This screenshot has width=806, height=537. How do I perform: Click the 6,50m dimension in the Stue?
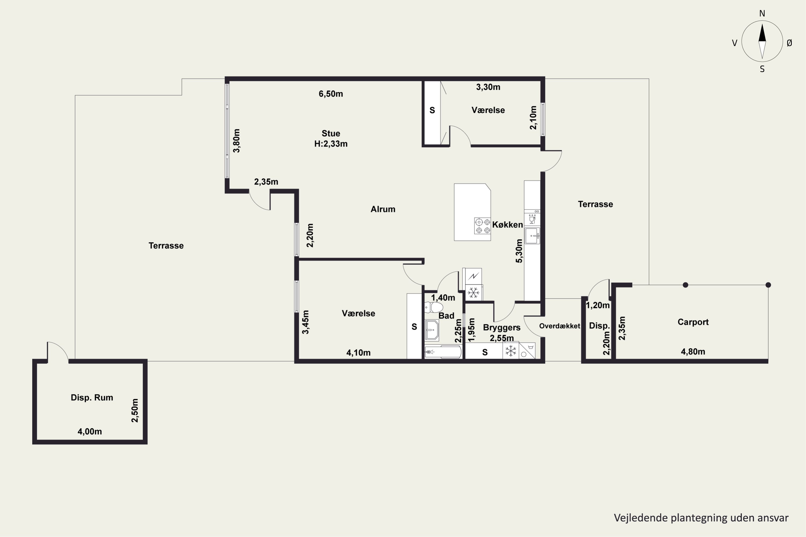tap(331, 94)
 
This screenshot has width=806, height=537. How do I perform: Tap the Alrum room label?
tap(383, 209)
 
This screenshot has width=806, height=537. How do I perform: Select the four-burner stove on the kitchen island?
tap(482, 226)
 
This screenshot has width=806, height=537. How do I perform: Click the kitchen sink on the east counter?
tap(532, 236)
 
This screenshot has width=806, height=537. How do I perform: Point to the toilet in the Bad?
tap(434, 307)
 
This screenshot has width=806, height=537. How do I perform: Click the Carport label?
tap(693, 322)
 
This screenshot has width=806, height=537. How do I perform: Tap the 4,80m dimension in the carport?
tap(693, 352)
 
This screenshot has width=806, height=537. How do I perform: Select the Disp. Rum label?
tap(92, 398)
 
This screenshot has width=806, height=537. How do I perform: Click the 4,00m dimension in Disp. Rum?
tap(90, 431)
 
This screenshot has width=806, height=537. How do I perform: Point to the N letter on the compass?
tap(762, 13)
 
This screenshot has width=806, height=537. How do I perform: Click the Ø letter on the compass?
tap(790, 43)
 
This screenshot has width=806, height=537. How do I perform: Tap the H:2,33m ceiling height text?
tap(331, 144)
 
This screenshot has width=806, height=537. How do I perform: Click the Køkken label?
tap(508, 225)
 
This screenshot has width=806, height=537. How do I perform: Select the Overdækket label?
tap(560, 326)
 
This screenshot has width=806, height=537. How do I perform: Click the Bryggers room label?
tap(502, 328)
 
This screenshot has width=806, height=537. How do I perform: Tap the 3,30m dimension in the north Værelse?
tap(488, 87)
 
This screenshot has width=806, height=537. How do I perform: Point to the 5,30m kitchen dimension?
tap(519, 251)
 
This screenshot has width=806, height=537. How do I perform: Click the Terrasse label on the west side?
tap(166, 246)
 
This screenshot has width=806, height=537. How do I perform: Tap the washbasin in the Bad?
tap(432, 331)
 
